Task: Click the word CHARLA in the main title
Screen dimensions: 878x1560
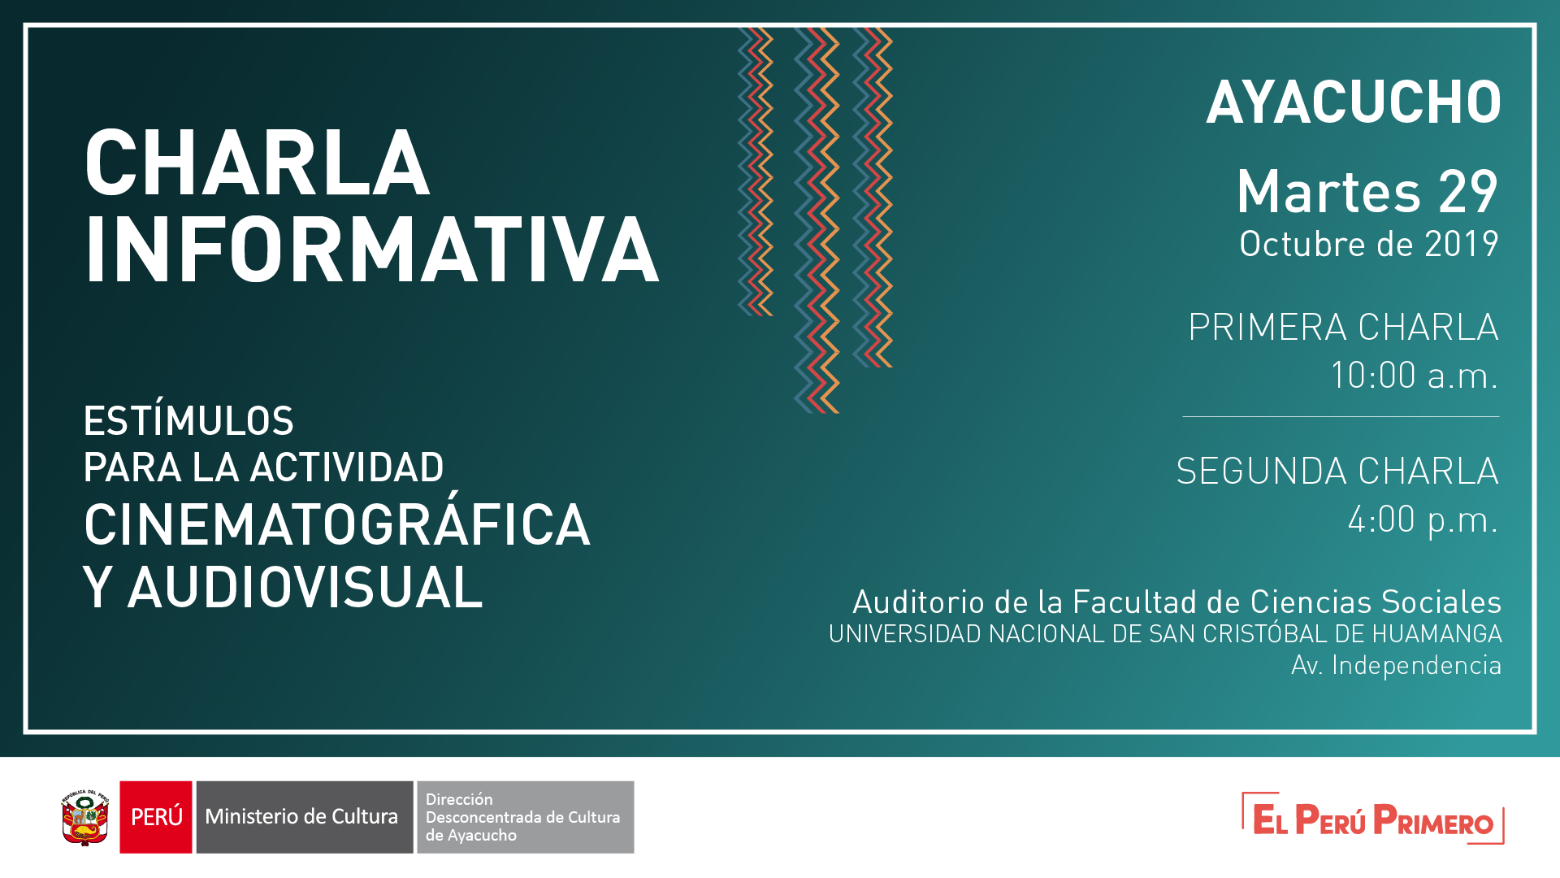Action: (257, 164)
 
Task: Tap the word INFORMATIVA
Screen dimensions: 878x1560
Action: (371, 250)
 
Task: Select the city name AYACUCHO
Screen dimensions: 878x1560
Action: (1354, 103)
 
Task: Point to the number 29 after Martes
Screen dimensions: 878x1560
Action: (1467, 193)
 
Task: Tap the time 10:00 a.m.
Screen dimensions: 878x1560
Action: (1414, 376)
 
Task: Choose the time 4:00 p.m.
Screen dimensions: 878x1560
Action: (1423, 519)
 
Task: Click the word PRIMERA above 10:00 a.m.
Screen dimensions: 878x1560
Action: (1267, 328)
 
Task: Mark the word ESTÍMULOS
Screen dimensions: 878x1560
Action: (188, 421)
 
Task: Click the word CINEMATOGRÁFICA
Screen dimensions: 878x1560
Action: (336, 524)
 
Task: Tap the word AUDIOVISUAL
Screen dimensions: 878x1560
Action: (305, 588)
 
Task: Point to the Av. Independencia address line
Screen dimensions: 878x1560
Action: (1396, 666)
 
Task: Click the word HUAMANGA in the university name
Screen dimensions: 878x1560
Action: (1436, 634)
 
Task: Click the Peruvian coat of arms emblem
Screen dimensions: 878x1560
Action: (85, 817)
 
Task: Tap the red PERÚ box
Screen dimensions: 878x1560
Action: (156, 817)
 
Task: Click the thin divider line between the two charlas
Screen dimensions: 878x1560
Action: (1341, 417)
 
